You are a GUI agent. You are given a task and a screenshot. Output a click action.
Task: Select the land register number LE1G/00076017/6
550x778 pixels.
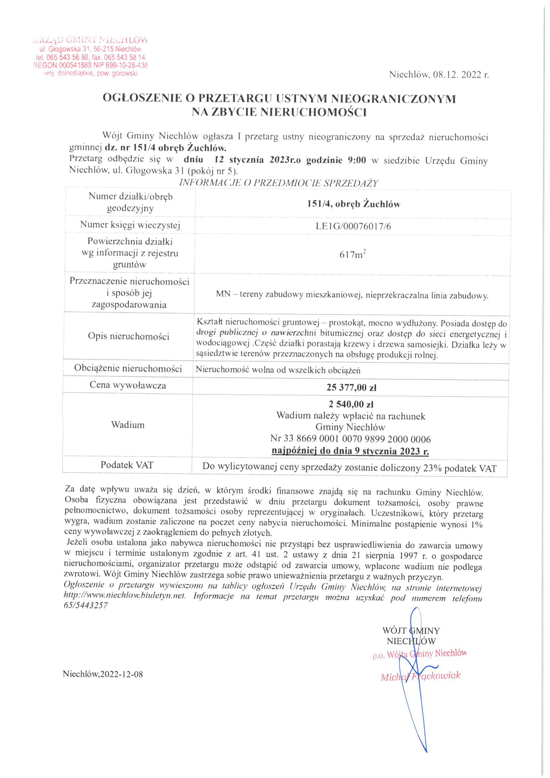point(353,226)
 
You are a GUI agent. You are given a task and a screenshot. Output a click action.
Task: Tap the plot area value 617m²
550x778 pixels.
point(353,254)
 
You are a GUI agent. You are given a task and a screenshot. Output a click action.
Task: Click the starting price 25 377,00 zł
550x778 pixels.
point(351,387)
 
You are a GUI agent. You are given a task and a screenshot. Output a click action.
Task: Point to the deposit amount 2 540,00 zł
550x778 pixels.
point(351,404)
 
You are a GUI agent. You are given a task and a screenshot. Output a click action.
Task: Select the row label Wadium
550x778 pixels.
point(128,425)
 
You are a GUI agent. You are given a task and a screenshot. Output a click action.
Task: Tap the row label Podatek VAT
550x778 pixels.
point(127,465)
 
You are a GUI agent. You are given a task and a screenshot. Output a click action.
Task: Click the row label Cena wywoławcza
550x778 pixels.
point(128,385)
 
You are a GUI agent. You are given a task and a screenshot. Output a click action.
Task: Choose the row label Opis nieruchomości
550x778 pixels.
point(128,336)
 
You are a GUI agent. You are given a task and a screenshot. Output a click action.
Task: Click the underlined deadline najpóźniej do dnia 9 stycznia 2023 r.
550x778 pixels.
point(350,451)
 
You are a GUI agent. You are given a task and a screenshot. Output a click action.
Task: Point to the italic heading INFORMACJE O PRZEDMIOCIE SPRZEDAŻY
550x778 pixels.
point(278,183)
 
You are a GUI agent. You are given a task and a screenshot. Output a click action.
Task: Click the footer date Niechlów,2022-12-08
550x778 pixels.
point(103,674)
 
